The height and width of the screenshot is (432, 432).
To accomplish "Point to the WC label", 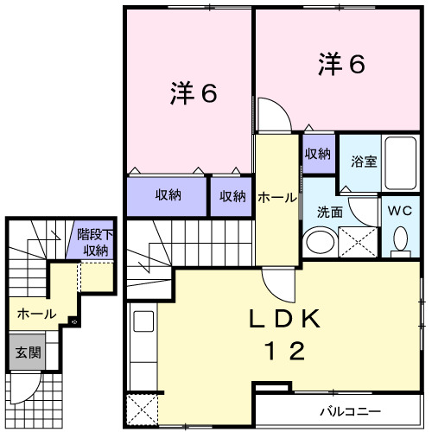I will point(400,210).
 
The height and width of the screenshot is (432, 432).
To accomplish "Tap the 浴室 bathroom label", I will point(364,161).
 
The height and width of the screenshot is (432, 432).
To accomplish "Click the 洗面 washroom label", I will point(329,211).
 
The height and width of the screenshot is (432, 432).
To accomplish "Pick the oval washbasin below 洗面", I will point(321,241).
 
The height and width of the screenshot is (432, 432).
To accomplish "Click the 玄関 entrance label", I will point(24,353).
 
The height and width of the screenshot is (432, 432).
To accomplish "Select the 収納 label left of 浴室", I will point(318,154).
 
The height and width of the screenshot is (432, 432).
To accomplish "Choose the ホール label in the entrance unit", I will point(36,313).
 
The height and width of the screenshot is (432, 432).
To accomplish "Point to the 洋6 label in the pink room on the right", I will point(341,65).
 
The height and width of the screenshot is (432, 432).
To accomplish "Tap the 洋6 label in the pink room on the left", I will point(192,93).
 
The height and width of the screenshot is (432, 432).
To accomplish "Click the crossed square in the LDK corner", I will point(142,408).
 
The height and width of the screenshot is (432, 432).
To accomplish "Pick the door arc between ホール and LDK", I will point(278,282).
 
